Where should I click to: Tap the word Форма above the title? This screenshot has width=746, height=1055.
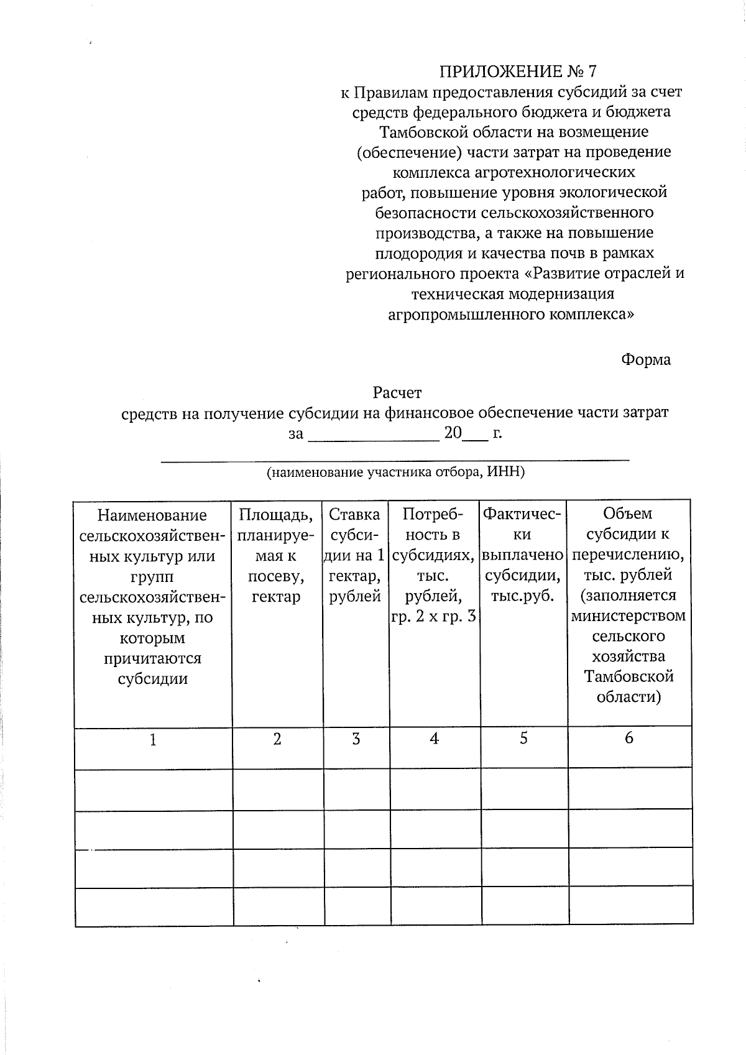point(646,360)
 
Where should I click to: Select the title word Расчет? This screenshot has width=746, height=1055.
point(397,393)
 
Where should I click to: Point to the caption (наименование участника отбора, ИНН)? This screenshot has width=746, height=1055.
point(396,472)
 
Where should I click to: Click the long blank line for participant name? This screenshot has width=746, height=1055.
point(395,459)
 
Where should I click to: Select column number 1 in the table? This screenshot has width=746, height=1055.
point(153,740)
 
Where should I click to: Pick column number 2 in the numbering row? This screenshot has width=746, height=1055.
point(277,739)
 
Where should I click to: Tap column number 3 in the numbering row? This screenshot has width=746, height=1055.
point(356,739)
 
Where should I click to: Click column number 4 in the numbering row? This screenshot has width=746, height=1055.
point(434,739)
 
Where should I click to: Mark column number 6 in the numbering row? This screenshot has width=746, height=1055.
point(629,737)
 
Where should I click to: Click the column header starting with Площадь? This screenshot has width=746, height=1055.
point(277,555)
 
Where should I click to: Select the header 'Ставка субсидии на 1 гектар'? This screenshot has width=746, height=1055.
point(355,555)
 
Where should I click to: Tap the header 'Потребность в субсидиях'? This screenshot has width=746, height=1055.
point(434,565)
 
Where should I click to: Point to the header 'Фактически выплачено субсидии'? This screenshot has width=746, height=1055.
point(523,555)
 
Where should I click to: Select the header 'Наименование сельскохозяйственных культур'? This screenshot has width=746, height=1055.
point(153,596)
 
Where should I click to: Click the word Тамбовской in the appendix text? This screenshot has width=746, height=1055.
point(420,132)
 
